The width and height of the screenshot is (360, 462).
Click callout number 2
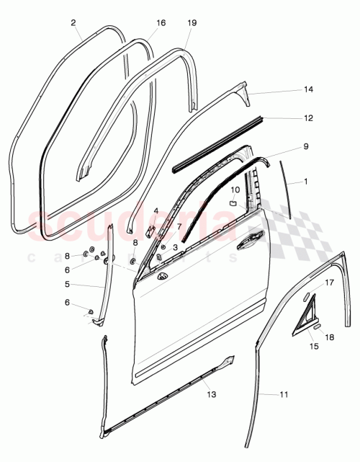click(x=73, y=23)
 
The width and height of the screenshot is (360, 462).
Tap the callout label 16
click(x=161, y=23)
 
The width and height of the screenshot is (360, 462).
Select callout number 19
click(x=192, y=23)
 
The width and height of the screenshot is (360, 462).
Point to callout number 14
click(x=308, y=90)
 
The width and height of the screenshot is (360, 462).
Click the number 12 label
click(x=308, y=117)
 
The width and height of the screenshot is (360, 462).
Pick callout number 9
click(x=305, y=146)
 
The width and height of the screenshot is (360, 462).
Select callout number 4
click(x=156, y=211)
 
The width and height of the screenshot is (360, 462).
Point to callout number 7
click(x=179, y=226)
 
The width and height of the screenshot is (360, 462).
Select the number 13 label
click(x=210, y=394)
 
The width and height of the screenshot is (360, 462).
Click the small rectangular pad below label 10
click(x=233, y=204)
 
